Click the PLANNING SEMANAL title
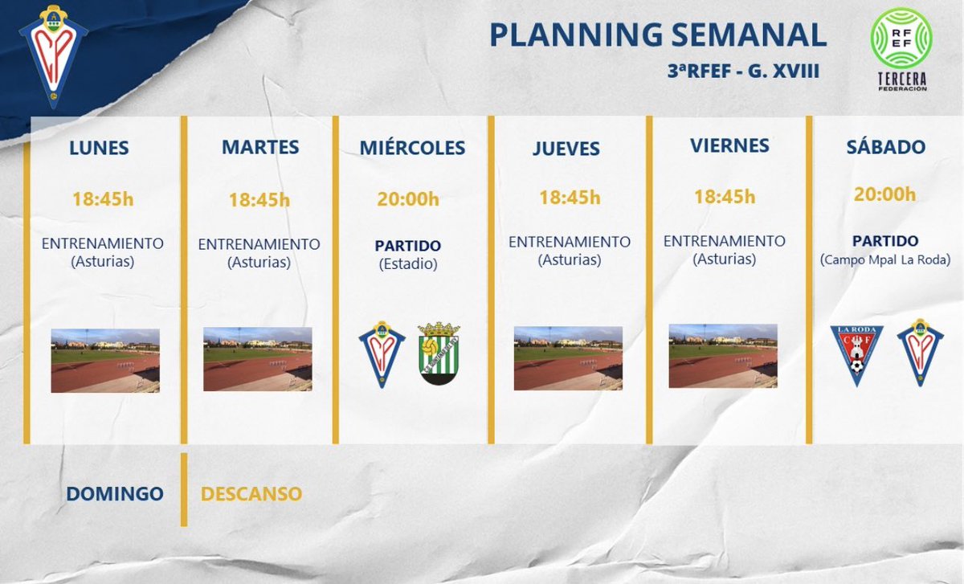point(658,35)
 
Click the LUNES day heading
point(99,149)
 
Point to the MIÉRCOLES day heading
point(412,149)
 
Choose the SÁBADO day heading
point(885,147)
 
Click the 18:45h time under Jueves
point(570,198)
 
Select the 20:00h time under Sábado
point(884,194)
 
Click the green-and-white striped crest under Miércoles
point(439,353)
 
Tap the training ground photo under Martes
point(257,359)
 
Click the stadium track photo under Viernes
point(722,356)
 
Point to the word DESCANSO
point(251,493)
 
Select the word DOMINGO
point(115,494)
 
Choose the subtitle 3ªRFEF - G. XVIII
point(742,71)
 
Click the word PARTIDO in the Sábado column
point(884,241)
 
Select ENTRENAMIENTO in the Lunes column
point(102,243)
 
